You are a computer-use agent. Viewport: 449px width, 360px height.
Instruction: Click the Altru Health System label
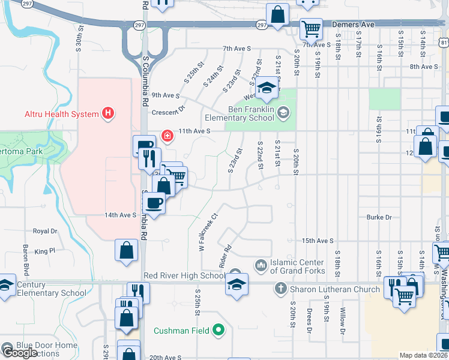61,114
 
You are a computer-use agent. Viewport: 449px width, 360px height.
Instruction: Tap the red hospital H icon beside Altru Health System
108,113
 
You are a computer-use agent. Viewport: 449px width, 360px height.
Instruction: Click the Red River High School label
184,275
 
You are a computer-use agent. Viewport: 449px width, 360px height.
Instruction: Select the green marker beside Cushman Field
219,330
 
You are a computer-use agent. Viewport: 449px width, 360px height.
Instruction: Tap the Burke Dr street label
379,217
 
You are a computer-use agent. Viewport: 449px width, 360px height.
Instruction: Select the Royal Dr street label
45,230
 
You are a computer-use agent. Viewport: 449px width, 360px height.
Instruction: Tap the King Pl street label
44,251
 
